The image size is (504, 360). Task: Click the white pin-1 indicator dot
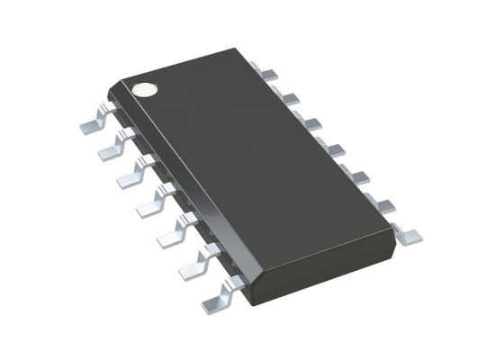[144, 88]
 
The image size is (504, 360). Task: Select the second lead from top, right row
[289, 94]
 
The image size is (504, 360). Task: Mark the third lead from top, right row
[311, 121]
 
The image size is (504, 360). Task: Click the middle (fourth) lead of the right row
[334, 148]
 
